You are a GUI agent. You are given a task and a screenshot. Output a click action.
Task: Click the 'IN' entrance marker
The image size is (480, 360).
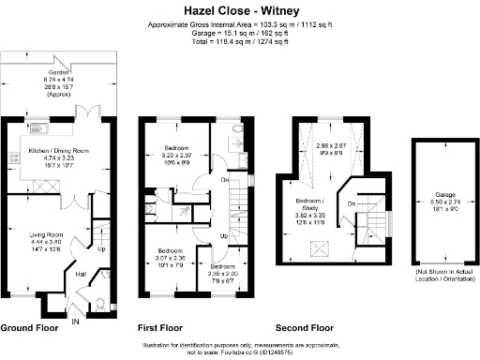[x=76, y=321]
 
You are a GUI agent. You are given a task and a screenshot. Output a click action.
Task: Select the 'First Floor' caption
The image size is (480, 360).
[x=159, y=329]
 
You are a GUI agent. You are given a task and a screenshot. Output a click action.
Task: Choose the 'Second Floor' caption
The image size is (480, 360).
[x=305, y=329]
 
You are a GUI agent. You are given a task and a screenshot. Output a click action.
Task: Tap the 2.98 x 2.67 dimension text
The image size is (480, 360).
[x=331, y=146]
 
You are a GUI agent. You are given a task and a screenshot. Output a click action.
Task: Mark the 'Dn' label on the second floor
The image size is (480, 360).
[x=352, y=204]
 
